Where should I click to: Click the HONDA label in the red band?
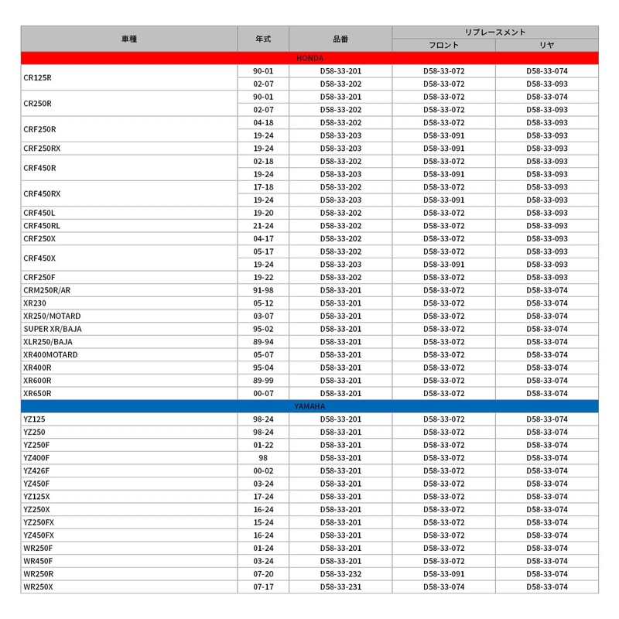309,58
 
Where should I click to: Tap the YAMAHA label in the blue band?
309,406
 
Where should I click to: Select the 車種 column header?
129,38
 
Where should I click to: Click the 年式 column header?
263,38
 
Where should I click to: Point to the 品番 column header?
340,38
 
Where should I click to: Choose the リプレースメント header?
495,32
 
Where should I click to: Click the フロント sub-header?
444,45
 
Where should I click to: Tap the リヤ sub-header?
547,45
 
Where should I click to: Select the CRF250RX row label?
42,149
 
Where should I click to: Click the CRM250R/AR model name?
46,290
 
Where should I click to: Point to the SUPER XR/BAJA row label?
51,329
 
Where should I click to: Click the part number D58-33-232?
340,574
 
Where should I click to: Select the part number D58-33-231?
340,587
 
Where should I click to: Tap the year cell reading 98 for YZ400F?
263,458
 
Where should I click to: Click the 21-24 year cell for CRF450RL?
263,226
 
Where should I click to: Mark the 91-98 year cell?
263,290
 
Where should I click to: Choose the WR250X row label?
38,587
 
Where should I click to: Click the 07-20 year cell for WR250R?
263,574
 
